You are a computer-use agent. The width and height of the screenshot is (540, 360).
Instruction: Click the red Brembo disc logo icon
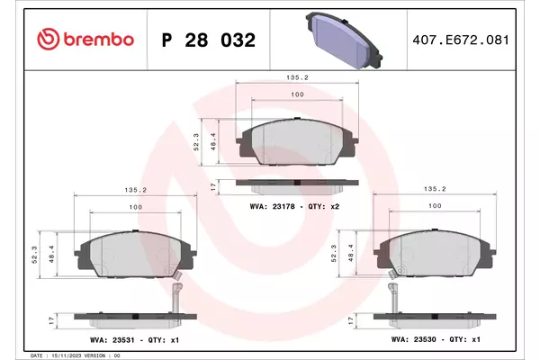(x=49, y=39)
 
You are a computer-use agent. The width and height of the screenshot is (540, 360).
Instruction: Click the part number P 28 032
(x=209, y=40)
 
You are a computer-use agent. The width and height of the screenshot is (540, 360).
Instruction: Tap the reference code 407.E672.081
(x=461, y=40)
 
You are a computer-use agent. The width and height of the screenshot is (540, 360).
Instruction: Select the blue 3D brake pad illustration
(x=344, y=40)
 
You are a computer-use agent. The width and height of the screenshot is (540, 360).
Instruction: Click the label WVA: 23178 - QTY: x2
(x=294, y=206)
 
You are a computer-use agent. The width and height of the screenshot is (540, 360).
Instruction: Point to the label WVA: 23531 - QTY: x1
(x=135, y=339)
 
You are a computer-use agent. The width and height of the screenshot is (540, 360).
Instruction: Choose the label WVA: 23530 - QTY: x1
(x=436, y=339)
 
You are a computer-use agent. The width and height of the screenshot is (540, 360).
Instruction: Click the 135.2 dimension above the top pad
(x=297, y=77)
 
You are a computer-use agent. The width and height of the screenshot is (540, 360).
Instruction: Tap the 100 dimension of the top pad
(x=297, y=94)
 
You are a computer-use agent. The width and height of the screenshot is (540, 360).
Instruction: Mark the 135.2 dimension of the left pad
(x=136, y=190)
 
